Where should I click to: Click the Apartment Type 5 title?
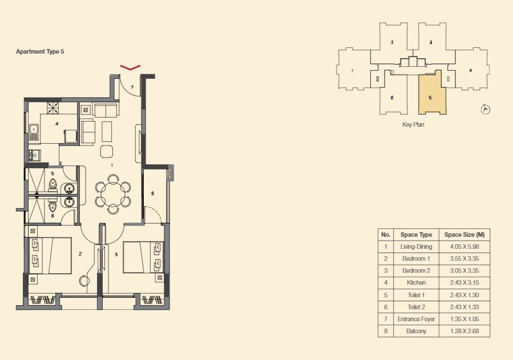pyautogui.click(x=40, y=51)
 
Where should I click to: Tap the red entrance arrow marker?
pyautogui.click(x=131, y=68)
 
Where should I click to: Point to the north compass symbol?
pyautogui.click(x=486, y=109)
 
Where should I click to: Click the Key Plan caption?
pyautogui.click(x=413, y=124)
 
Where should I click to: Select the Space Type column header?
pyautogui.click(x=416, y=234)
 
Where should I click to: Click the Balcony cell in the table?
pyautogui.click(x=416, y=331)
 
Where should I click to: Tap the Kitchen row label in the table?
pyautogui.click(x=416, y=282)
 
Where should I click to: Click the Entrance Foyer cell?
pyautogui.click(x=416, y=319)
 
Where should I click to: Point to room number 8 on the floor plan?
pyautogui.click(x=152, y=194)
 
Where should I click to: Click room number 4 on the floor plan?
pyautogui.click(x=56, y=123)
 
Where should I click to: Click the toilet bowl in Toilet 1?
pyautogui.click(x=53, y=184)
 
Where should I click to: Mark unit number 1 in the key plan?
pyautogui.click(x=352, y=71)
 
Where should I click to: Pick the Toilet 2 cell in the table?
pyautogui.click(x=416, y=307)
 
